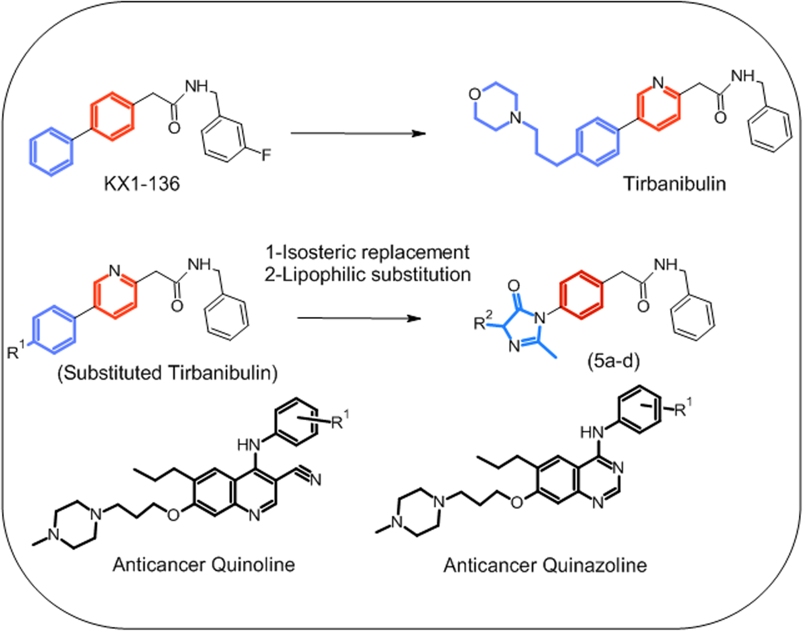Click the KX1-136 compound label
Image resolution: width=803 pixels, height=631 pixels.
[x=142, y=184]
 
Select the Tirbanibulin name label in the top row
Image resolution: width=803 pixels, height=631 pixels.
[x=675, y=184]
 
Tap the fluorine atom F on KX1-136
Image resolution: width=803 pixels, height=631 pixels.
[x=266, y=155]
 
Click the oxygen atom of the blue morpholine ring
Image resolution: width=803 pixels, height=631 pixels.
[x=475, y=94]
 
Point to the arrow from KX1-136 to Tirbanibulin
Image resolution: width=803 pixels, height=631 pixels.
[x=358, y=133]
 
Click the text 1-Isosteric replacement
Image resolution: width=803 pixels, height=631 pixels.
[x=367, y=252]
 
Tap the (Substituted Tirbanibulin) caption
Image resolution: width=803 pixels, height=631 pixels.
[x=168, y=373]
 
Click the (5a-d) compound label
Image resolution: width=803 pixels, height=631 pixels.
[x=613, y=361]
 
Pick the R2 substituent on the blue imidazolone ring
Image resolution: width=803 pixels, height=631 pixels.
[x=483, y=321]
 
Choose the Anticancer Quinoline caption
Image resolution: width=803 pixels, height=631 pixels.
[x=204, y=565]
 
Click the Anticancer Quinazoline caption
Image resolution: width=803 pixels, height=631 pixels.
[x=545, y=566]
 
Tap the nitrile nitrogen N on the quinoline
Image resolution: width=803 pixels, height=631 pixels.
[x=316, y=480]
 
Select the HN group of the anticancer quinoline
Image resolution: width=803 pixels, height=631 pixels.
[x=248, y=445]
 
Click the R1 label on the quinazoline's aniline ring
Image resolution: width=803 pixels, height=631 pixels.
[x=683, y=409]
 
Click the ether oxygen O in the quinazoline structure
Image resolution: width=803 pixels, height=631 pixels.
[x=517, y=502]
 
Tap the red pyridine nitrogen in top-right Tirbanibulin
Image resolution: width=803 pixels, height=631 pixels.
[x=658, y=83]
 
